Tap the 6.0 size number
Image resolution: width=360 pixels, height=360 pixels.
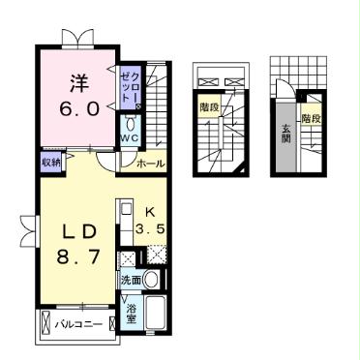[x=78, y=108]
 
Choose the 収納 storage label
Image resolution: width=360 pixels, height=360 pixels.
[x=51, y=162]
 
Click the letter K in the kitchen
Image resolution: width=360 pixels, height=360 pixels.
[x=149, y=212]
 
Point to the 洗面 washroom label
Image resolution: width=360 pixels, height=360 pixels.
[x=132, y=281]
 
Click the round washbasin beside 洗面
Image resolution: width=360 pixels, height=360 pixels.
[x=151, y=281]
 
